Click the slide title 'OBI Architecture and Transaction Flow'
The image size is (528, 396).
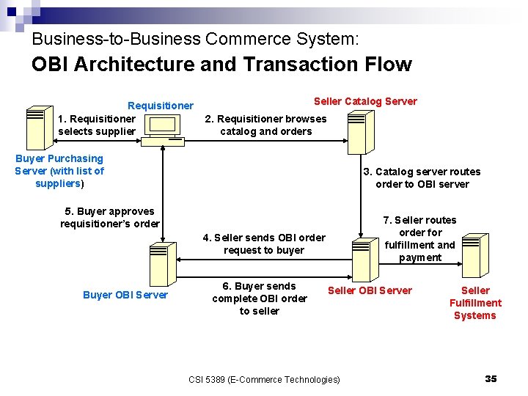221,65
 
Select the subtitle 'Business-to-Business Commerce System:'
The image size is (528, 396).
195,38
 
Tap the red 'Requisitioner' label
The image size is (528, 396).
161,106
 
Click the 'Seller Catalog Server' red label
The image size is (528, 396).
365,101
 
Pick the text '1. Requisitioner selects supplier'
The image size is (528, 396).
97,125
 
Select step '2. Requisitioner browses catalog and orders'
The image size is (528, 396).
265,125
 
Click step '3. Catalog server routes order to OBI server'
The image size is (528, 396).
422,177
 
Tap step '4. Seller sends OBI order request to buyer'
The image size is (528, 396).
264,243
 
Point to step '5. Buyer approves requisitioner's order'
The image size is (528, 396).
110,217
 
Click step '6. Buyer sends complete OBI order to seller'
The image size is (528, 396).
260,298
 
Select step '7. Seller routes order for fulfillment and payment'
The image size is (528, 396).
420,238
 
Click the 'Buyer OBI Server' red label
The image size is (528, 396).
125,295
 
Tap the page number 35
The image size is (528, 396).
491,378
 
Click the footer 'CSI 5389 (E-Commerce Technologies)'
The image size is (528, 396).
264,379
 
